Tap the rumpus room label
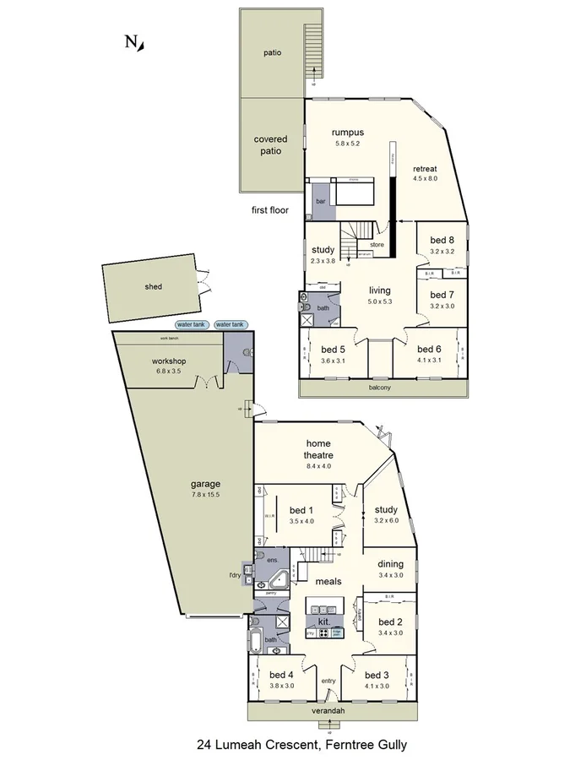(347, 132)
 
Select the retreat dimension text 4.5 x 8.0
(425, 179)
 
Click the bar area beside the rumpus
(321, 202)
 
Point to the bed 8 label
(442, 240)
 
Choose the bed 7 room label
(442, 295)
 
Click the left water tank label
(191, 324)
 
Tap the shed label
(153, 286)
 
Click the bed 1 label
(301, 509)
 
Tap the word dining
(390, 564)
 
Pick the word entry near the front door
(328, 681)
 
